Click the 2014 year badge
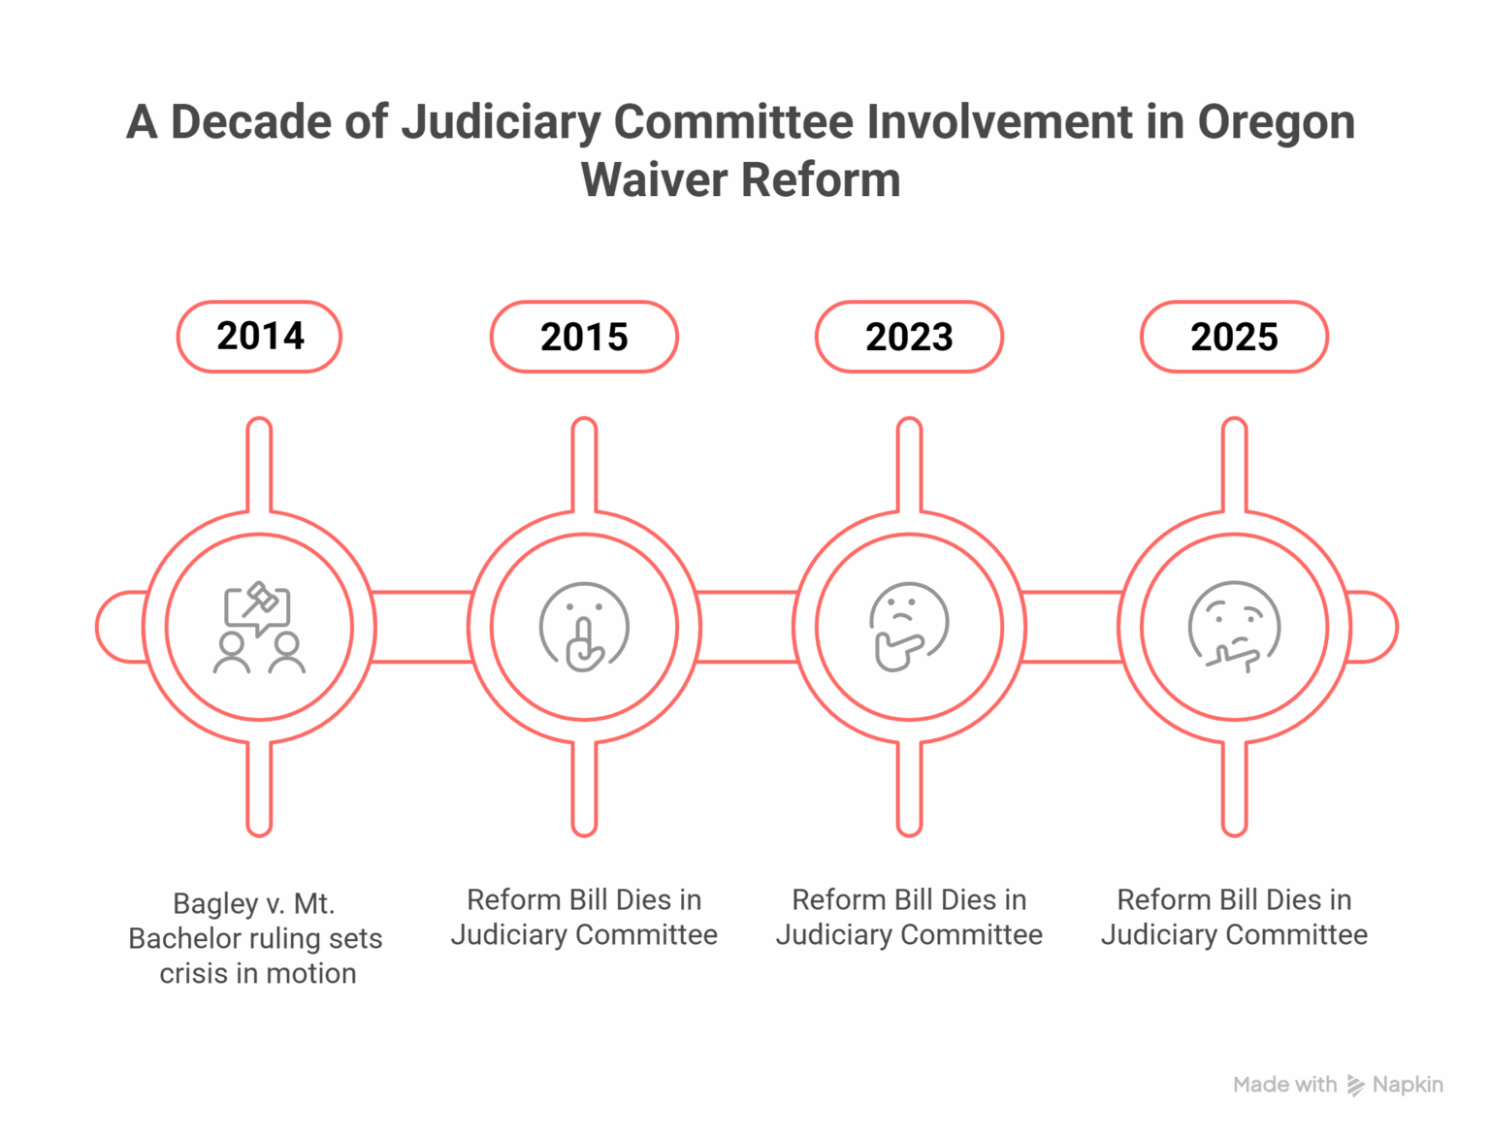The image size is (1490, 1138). [259, 337]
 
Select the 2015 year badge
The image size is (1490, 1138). [584, 337]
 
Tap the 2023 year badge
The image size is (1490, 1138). [909, 337]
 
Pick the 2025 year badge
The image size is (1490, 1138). [1234, 337]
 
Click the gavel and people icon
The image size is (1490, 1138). [259, 627]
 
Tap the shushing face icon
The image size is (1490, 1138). [584, 627]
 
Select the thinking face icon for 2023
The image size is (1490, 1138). [909, 627]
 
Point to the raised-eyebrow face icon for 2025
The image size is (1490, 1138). [1234, 627]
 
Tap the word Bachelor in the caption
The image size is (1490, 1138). [182, 939]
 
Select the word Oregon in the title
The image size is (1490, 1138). [1277, 122]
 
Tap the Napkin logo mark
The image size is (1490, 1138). [1355, 1086]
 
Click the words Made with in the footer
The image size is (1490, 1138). [1284, 1085]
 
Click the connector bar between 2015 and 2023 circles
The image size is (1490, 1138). [746, 627]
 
